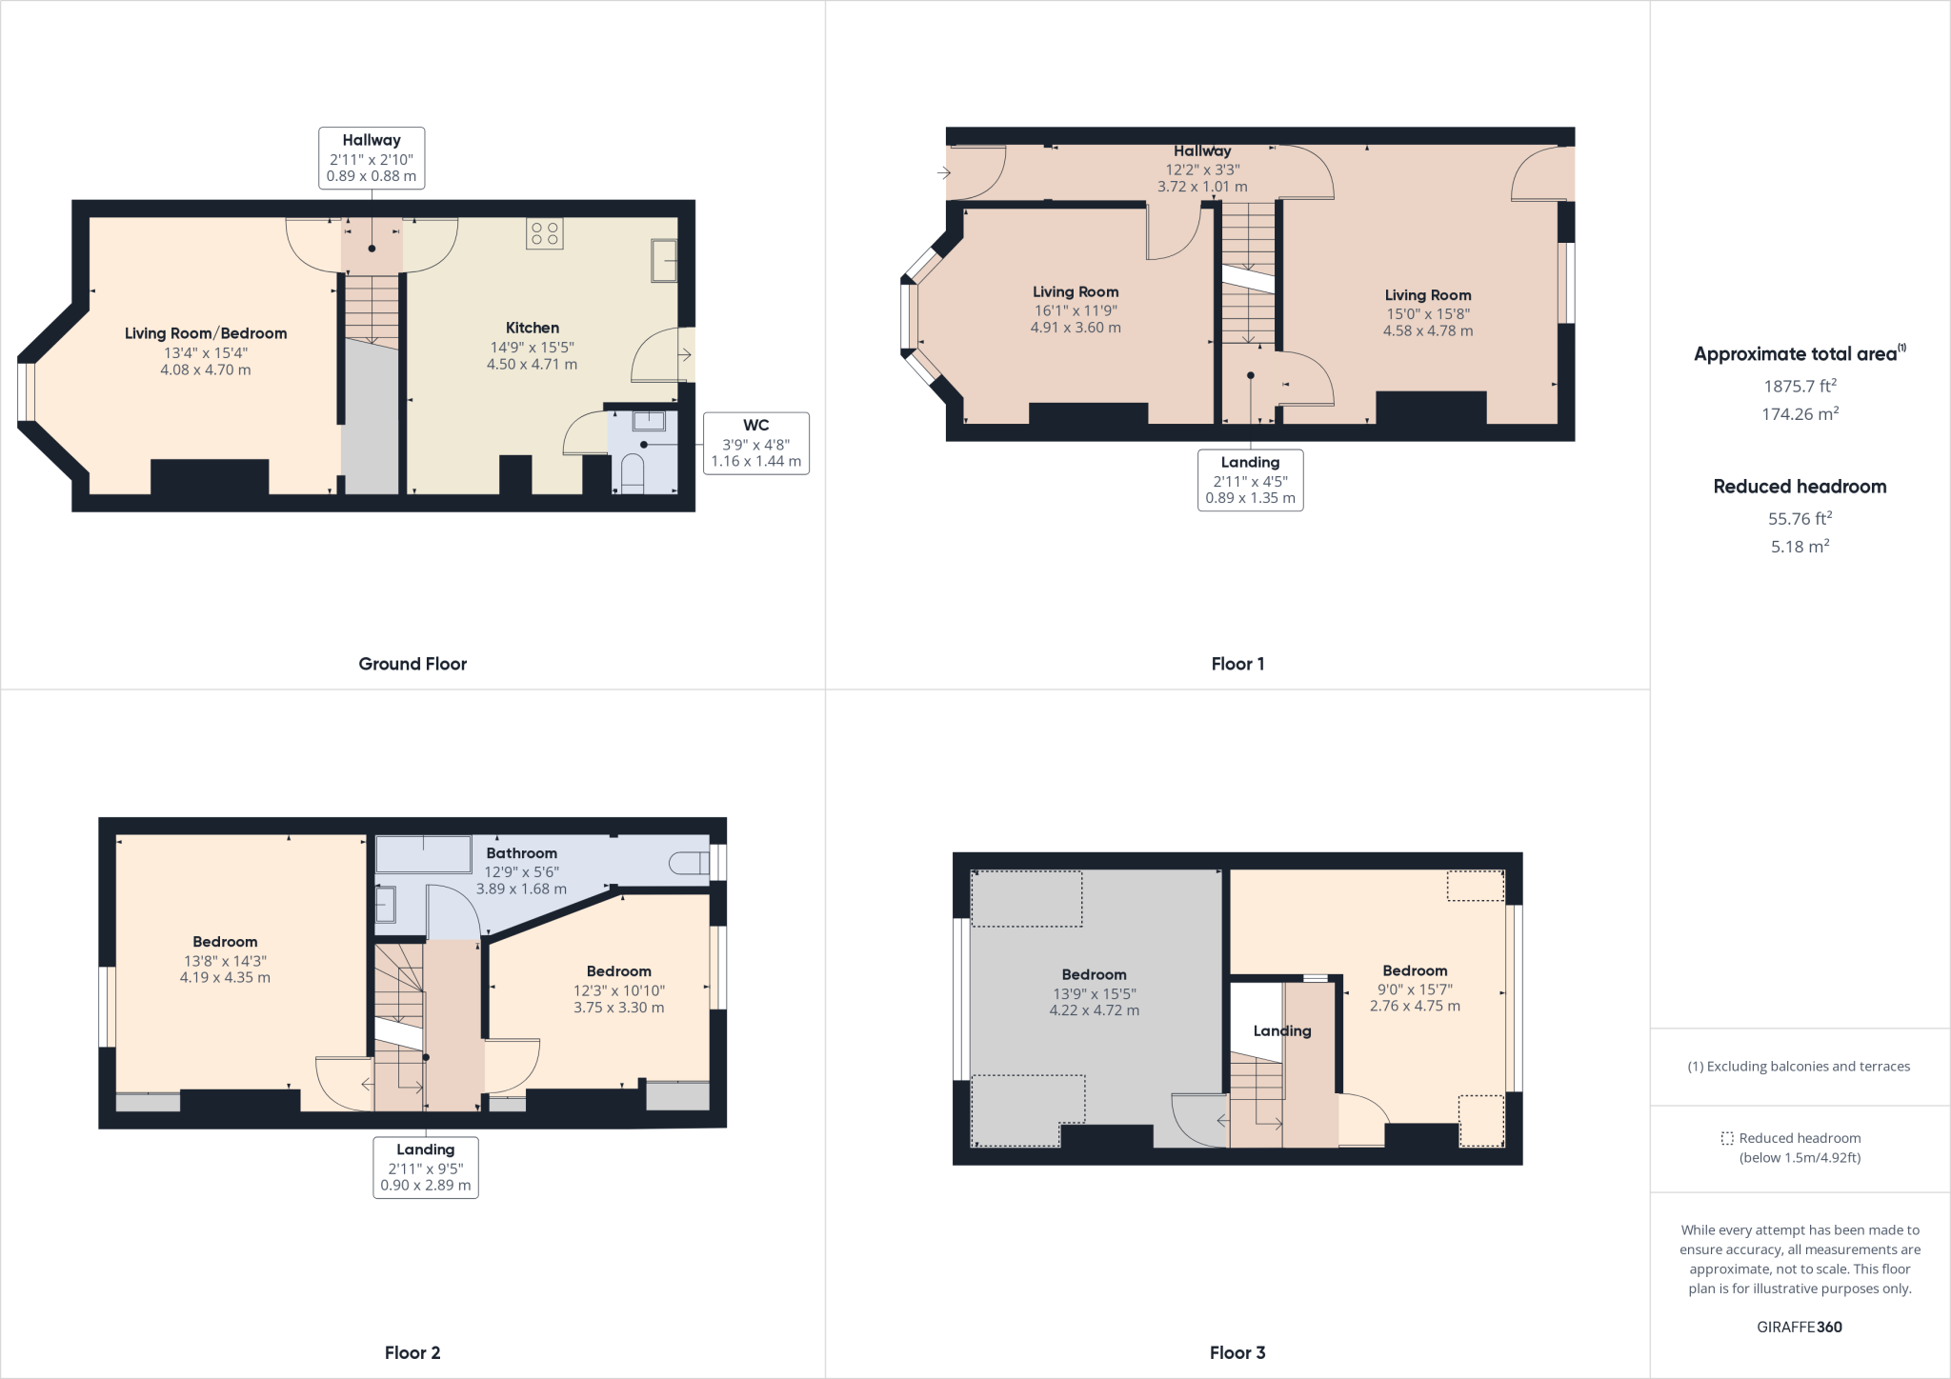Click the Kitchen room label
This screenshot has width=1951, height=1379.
532,328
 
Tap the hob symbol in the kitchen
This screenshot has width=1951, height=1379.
545,234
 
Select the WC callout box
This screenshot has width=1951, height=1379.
755,443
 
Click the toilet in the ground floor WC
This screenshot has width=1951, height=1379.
632,473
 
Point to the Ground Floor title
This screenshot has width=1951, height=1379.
412,664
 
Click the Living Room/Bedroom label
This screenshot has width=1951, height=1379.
206,333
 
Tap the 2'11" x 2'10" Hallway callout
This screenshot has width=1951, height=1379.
372,158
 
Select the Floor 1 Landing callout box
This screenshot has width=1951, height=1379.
1250,480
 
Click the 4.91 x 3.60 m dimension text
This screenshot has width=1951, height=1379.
1076,328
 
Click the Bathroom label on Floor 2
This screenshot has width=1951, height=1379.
521,853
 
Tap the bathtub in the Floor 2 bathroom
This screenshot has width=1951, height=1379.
424,854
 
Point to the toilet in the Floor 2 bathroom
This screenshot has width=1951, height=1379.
690,864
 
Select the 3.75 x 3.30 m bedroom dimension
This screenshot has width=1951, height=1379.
618,1008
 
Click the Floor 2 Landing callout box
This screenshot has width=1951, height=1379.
425,1167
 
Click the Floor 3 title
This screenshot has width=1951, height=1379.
1237,1352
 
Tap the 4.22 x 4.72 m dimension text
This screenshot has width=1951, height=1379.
1094,1010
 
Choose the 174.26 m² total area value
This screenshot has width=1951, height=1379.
1800,414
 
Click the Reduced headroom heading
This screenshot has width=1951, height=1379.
1800,487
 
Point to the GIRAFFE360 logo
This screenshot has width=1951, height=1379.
1800,1327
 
